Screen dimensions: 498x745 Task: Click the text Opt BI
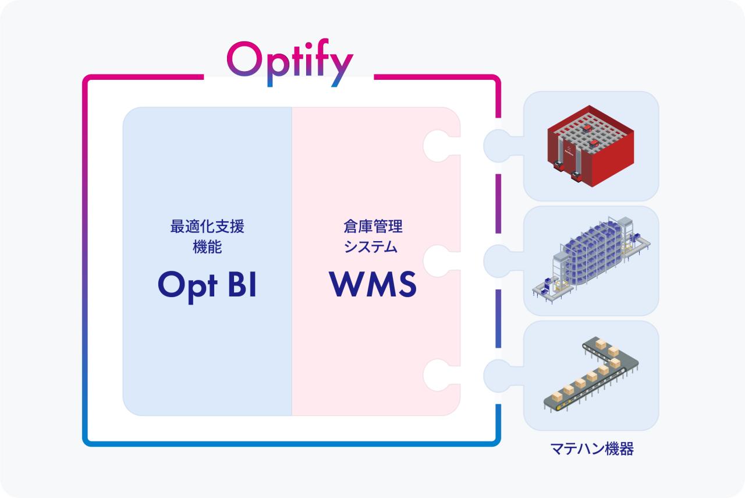207,285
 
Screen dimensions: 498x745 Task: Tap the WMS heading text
373,285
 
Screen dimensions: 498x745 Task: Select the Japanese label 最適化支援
207,227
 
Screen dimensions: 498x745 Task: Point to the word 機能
207,247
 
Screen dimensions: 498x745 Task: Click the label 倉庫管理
373,227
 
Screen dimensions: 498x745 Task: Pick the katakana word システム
373,247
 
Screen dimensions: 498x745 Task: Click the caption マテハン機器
591,449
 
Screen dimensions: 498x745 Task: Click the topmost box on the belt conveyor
601,344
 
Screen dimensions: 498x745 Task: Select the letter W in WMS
347,285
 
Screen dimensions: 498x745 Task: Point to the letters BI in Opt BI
241,285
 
